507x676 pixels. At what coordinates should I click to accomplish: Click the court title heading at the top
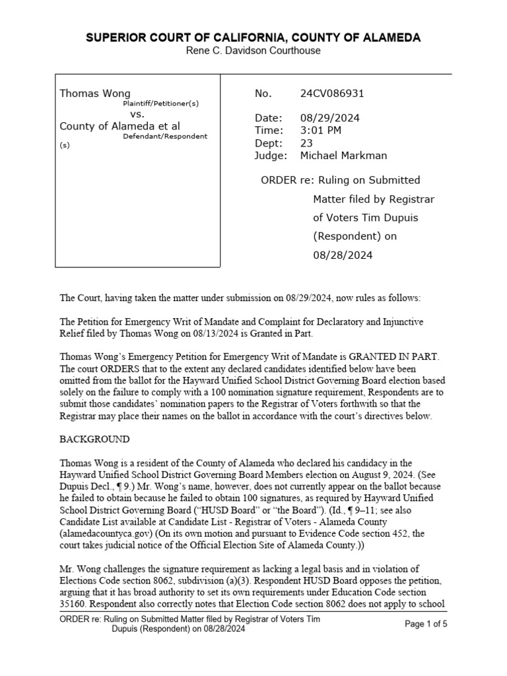point(253,38)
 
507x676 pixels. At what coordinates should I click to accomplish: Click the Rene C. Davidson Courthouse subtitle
point(253,51)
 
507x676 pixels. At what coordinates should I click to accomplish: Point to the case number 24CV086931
point(332,94)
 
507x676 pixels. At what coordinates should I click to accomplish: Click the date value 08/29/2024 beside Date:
point(331,118)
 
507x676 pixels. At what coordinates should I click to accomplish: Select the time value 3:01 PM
point(321,131)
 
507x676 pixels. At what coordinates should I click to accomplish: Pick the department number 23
point(306,143)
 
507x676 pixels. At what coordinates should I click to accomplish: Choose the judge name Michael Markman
point(343,156)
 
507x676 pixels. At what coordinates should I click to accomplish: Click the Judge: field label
point(271,156)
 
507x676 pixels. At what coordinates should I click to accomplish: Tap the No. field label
point(263,94)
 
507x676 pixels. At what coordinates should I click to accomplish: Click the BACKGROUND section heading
point(95,439)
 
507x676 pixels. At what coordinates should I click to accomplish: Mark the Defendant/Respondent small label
point(165,136)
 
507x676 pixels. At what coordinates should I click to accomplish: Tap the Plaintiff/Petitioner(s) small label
point(160,104)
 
